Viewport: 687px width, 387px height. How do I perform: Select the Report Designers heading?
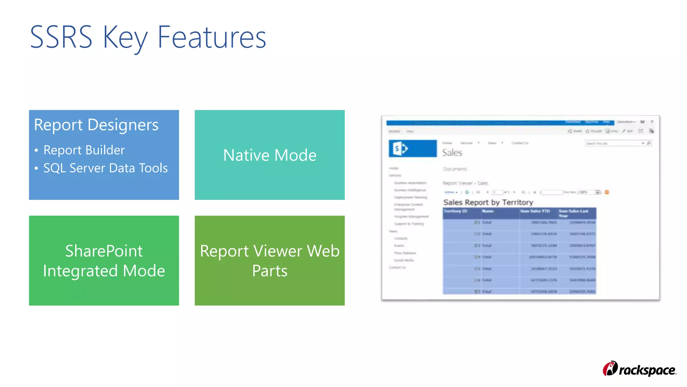(96, 125)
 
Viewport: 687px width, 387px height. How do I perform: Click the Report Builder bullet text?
(84, 150)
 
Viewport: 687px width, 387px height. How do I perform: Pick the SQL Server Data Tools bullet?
(105, 168)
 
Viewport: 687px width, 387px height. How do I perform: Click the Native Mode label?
(270, 155)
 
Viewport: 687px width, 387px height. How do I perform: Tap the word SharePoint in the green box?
(104, 251)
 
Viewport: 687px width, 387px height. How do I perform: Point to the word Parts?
(270, 271)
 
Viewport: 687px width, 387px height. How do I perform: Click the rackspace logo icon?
(610, 369)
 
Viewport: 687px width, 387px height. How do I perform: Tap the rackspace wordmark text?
(647, 370)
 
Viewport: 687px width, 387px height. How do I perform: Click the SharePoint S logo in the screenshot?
(400, 148)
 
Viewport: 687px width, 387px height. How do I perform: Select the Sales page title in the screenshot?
(452, 153)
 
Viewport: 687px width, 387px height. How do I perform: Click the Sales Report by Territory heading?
(488, 202)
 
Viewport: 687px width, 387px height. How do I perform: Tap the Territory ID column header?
(455, 211)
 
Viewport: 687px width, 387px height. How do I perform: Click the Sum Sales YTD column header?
(535, 211)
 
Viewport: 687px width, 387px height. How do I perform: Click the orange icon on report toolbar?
(607, 192)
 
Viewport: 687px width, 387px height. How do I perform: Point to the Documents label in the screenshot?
(455, 169)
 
